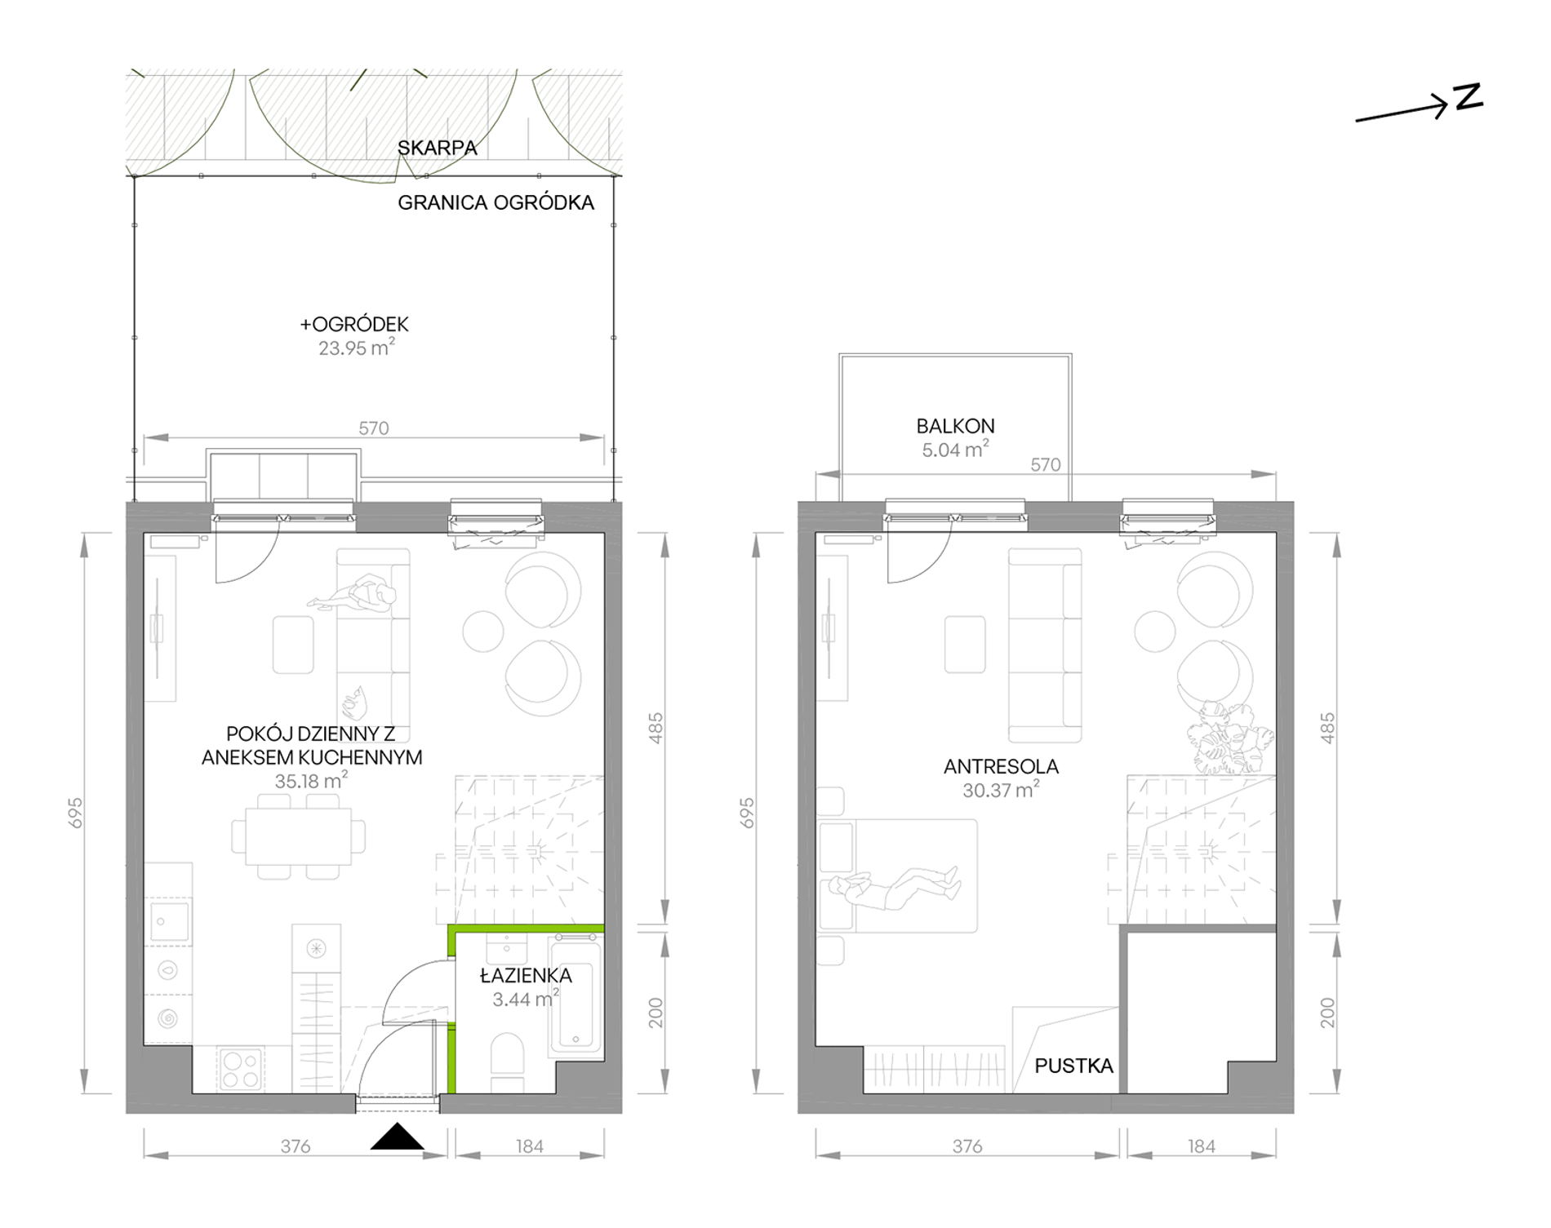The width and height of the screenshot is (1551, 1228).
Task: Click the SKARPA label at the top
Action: [x=437, y=148]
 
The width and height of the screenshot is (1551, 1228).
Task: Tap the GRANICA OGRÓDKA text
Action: [x=496, y=202]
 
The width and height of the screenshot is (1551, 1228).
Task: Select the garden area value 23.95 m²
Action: [x=356, y=348]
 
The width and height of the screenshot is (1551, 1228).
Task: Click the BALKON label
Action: [x=955, y=426]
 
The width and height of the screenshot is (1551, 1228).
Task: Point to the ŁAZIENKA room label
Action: [x=526, y=975]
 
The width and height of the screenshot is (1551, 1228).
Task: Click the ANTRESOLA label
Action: [x=1001, y=766]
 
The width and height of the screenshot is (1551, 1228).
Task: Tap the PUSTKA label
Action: [x=1073, y=1066]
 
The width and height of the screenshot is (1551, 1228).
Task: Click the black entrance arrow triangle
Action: [x=398, y=1137]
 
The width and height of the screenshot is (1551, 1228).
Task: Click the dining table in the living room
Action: [x=299, y=836]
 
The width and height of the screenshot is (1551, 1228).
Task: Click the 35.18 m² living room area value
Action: [x=311, y=781]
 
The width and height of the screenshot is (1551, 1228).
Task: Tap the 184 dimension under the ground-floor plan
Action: [x=529, y=1146]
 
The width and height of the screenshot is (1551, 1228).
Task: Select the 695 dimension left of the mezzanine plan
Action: [x=747, y=813]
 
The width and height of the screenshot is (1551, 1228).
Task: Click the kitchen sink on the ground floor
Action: [x=169, y=921]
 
